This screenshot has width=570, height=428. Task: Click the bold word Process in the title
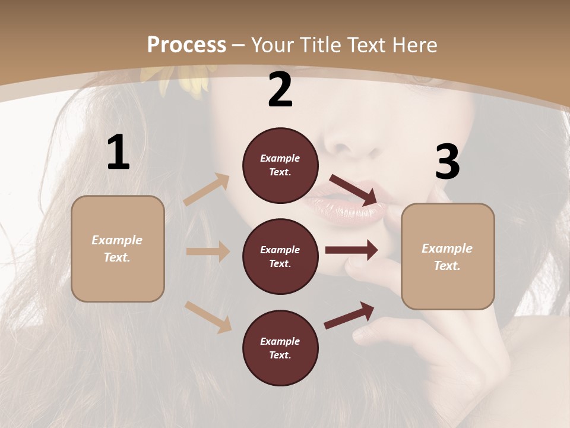[186, 45]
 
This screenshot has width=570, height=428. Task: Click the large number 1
[118, 153]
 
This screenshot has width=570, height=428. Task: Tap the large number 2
[280, 90]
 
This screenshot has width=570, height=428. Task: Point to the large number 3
[447, 162]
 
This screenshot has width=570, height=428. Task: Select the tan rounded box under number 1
[118, 248]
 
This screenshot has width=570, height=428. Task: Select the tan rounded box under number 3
[448, 256]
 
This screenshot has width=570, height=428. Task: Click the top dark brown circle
[280, 165]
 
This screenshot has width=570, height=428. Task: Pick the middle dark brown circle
[280, 256]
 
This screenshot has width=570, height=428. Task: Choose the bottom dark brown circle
[280, 348]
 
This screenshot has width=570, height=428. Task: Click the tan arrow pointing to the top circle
[207, 190]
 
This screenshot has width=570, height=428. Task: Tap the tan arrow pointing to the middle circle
[208, 251]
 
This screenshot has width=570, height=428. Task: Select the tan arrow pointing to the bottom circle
[208, 317]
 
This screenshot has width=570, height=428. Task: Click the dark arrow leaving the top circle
[354, 190]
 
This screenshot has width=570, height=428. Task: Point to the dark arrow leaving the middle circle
[351, 250]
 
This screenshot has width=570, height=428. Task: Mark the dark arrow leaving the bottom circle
[349, 316]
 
